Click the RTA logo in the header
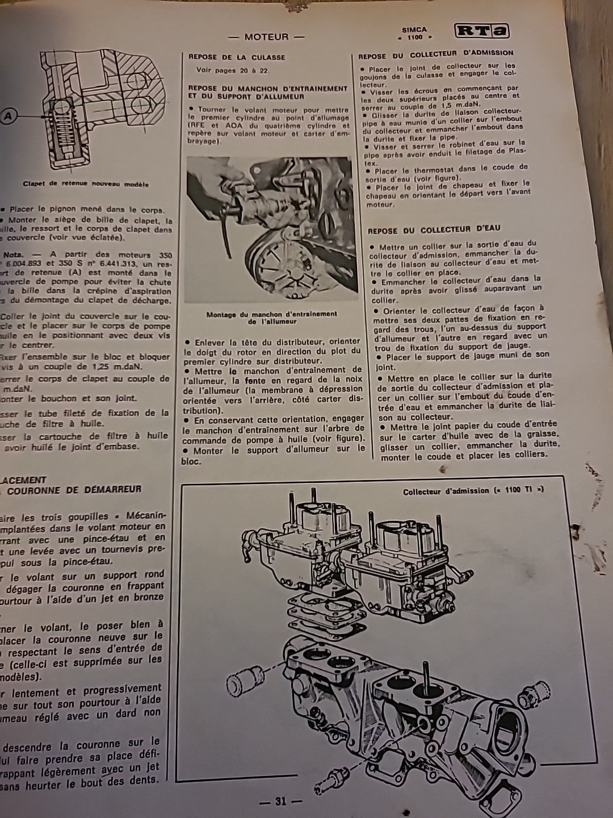click(x=481, y=31)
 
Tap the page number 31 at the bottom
click(x=280, y=802)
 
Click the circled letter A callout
click(x=7, y=116)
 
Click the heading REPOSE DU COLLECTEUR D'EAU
click(x=434, y=229)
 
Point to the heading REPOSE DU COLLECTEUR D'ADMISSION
click(x=435, y=55)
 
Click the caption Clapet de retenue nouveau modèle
click(x=86, y=184)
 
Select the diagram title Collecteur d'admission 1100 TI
click(x=473, y=491)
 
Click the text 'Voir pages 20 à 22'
click(x=233, y=70)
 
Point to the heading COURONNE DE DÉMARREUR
click(x=74, y=489)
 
